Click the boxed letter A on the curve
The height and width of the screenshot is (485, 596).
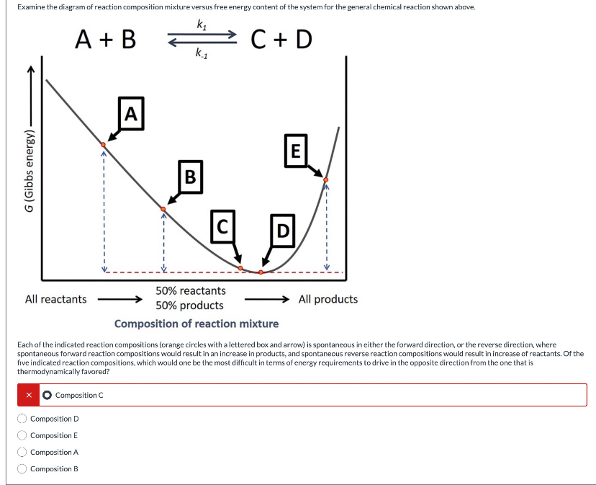pyautogui.click(x=130, y=113)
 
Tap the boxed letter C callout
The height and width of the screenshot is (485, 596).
pyautogui.click(x=223, y=226)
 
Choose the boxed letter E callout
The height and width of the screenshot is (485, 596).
pyautogui.click(x=294, y=151)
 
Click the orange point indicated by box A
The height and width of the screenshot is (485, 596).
pyautogui.click(x=103, y=145)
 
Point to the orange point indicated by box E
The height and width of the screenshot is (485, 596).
pyautogui.click(x=326, y=179)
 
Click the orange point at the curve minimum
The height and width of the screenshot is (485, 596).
pyautogui.click(x=261, y=272)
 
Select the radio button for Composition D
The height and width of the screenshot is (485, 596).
pyautogui.click(x=22, y=419)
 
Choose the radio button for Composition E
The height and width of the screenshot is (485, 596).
pyautogui.click(x=22, y=435)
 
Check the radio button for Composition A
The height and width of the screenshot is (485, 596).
pyautogui.click(x=22, y=452)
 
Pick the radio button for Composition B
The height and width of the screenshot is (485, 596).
pyautogui.click(x=22, y=469)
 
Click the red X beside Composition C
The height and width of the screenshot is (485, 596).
pyautogui.click(x=30, y=395)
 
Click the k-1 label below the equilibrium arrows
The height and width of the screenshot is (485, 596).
pyautogui.click(x=202, y=53)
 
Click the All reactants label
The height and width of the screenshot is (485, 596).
pyautogui.click(x=55, y=299)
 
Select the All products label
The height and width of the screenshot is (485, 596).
pyautogui.click(x=328, y=299)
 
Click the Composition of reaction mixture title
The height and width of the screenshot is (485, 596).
pyautogui.click(x=197, y=324)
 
